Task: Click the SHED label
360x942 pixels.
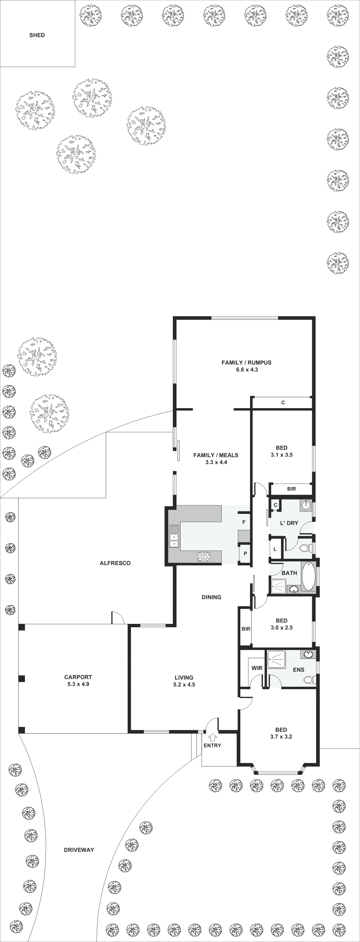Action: (x=37, y=35)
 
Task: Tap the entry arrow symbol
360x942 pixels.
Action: (x=212, y=737)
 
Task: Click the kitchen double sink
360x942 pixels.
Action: (x=174, y=536)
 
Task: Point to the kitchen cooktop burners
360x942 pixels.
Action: (x=204, y=556)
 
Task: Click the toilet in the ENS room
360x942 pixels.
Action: (x=309, y=679)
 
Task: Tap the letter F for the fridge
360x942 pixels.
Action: (x=244, y=522)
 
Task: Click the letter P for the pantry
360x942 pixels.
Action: (x=245, y=554)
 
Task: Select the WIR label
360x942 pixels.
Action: (x=257, y=668)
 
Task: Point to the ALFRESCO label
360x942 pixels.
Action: (x=115, y=563)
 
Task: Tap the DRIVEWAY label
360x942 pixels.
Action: (x=79, y=850)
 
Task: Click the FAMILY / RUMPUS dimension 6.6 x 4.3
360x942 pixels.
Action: (x=247, y=370)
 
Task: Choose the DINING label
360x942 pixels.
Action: (x=211, y=597)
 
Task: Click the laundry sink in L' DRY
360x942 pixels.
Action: (x=306, y=506)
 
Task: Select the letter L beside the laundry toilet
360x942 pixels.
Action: (x=275, y=549)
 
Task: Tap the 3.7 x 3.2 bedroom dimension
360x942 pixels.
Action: (x=281, y=737)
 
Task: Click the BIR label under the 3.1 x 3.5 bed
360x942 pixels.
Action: (x=292, y=489)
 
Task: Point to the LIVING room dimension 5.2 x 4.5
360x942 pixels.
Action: (x=184, y=684)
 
